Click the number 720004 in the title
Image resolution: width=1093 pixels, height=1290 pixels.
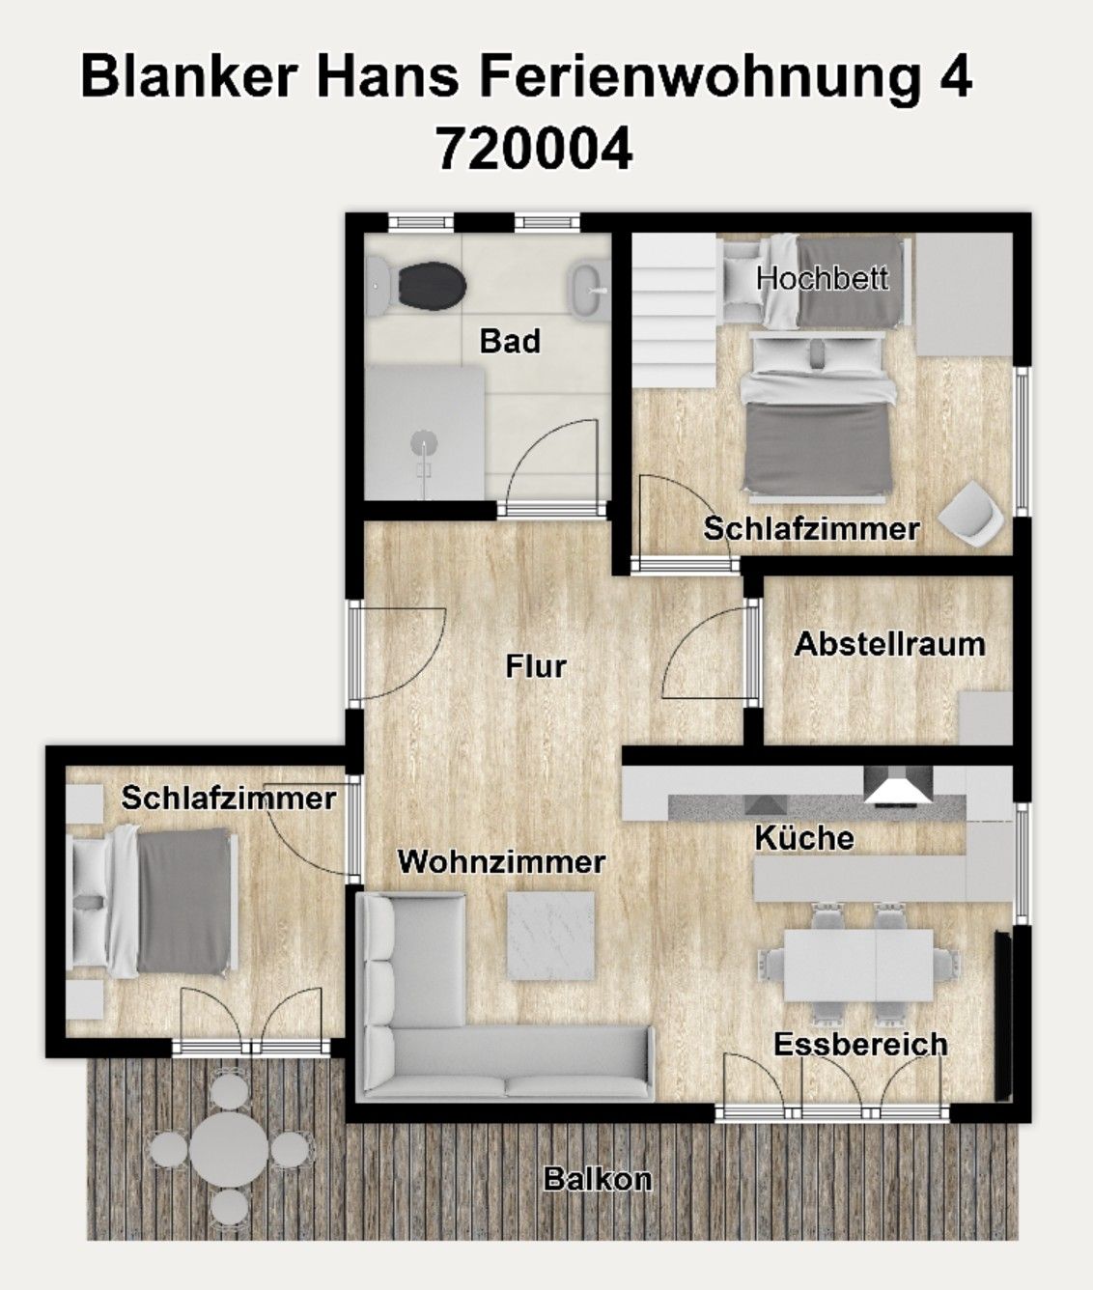click(x=534, y=150)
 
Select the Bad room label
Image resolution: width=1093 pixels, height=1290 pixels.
click(x=510, y=341)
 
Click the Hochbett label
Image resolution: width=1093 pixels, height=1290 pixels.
click(x=822, y=278)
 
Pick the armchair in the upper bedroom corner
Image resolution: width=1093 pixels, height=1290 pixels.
click(x=973, y=514)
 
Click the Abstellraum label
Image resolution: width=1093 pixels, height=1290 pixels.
click(x=889, y=644)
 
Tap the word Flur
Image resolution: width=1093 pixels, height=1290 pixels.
click(x=536, y=666)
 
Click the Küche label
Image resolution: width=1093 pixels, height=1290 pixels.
click(x=804, y=837)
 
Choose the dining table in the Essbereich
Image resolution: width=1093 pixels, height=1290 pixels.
click(x=857, y=965)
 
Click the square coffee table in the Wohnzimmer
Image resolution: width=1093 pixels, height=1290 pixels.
click(x=551, y=934)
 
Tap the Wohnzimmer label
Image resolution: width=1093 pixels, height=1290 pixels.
click(x=501, y=861)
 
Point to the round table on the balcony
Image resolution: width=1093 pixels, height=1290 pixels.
click(x=229, y=1147)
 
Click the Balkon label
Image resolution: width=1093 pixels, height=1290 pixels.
click(x=598, y=1179)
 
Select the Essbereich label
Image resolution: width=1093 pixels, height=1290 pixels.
click(x=860, y=1044)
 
